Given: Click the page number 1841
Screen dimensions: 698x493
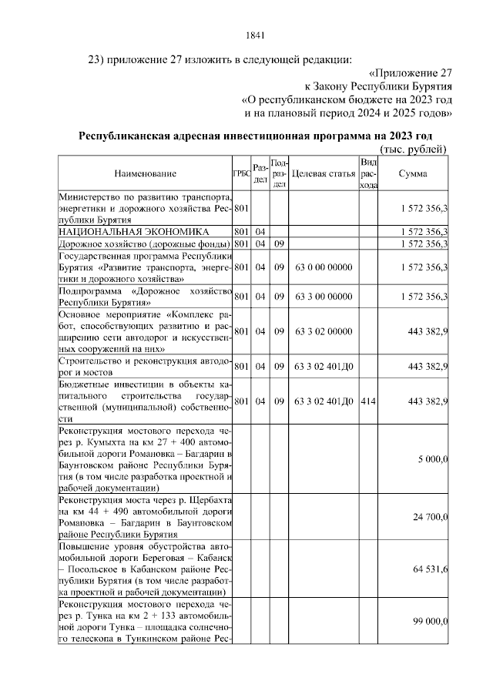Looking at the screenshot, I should click(x=254, y=35).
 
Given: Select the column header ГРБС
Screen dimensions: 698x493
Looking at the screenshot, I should click(x=240, y=174).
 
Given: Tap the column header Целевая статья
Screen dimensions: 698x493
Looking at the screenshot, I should click(x=324, y=174).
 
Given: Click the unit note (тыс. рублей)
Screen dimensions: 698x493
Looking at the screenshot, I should click(x=414, y=149).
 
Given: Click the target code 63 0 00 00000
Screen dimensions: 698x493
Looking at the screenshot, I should click(x=324, y=267).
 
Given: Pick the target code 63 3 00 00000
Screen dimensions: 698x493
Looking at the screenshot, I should click(x=324, y=296).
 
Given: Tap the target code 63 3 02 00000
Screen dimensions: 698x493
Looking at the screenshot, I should click(x=324, y=331).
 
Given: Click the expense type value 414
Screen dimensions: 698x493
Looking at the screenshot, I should click(x=368, y=401).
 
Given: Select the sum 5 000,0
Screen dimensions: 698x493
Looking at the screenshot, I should click(x=433, y=459).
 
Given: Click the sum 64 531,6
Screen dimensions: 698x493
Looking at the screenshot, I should click(x=431, y=569).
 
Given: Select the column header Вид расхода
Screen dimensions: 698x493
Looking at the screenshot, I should click(x=368, y=174).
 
